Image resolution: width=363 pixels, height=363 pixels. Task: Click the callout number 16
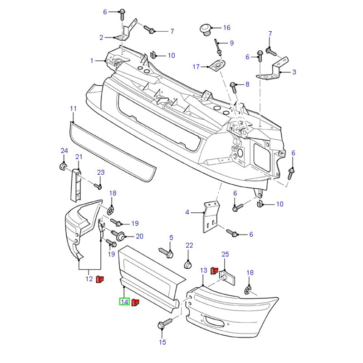click(x=226, y=28)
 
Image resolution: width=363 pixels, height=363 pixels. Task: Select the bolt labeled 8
click(x=234, y=85)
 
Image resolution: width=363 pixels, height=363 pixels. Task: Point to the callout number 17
click(x=196, y=67)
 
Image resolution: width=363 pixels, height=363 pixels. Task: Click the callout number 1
click(x=92, y=60)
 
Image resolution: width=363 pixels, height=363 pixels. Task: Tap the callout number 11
click(x=73, y=108)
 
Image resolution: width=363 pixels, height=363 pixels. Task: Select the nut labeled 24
click(x=63, y=166)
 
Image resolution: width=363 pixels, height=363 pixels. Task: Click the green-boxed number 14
click(x=124, y=302)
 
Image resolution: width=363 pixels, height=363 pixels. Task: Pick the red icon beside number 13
click(x=215, y=271)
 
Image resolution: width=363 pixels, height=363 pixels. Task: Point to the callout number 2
click(x=101, y=38)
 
